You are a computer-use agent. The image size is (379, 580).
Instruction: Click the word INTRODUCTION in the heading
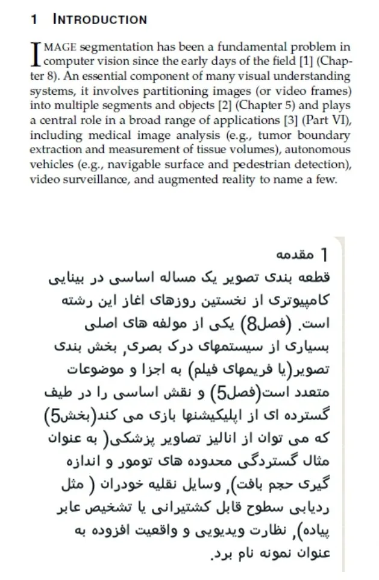point(100,19)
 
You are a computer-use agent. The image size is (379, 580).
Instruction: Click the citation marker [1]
point(305,62)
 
